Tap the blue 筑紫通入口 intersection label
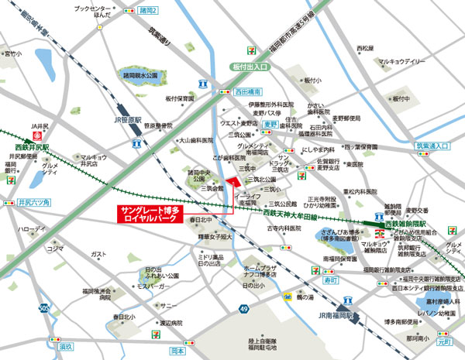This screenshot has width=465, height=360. point(430,146)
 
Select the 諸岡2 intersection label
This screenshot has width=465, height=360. point(150,11)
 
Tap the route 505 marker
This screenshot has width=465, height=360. point(43,308)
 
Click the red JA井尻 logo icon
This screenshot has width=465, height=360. point(35,135)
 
